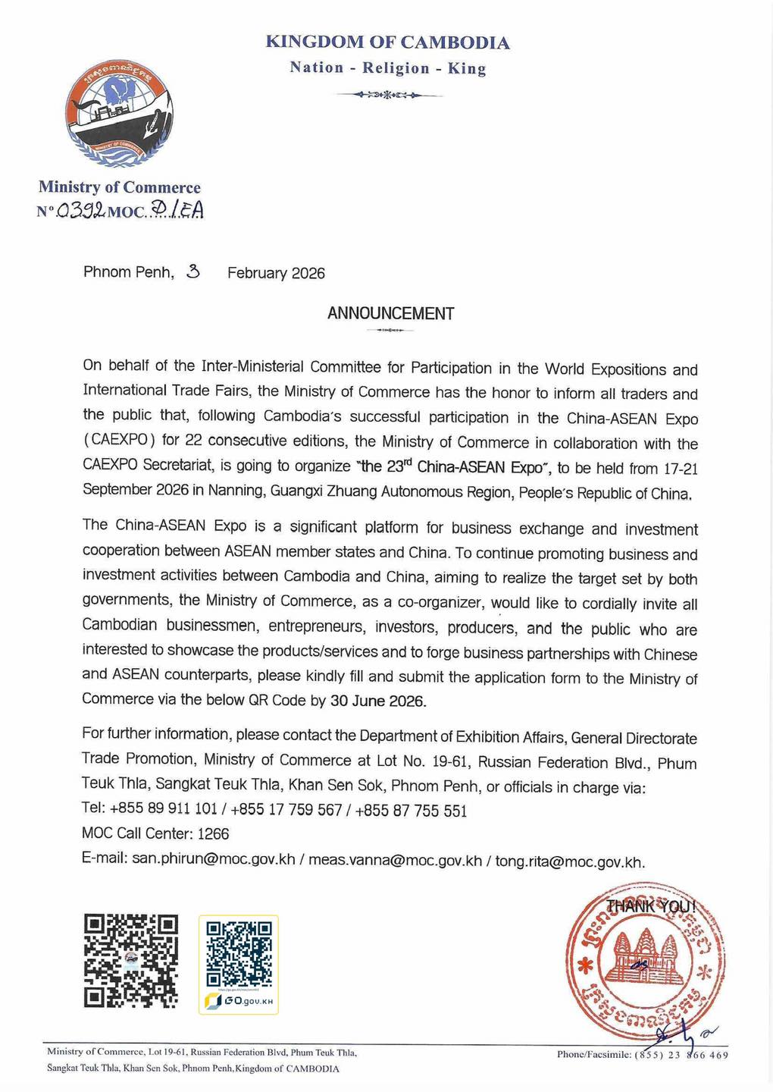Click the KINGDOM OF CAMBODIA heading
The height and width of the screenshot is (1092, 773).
387,42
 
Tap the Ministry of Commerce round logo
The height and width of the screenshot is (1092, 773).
119,114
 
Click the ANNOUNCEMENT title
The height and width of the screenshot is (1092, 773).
390,313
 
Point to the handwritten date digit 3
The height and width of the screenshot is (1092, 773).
193,271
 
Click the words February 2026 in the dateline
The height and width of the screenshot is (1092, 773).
276,273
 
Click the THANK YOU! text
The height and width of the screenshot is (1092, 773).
650,905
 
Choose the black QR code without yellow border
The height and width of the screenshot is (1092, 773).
130,960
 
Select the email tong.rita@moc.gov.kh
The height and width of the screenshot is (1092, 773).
569,862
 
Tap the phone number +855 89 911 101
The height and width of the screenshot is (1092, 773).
164,808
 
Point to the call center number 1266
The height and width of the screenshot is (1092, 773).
213,833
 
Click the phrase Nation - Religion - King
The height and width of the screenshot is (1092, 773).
387,68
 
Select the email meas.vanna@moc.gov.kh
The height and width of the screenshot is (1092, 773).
395,861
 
